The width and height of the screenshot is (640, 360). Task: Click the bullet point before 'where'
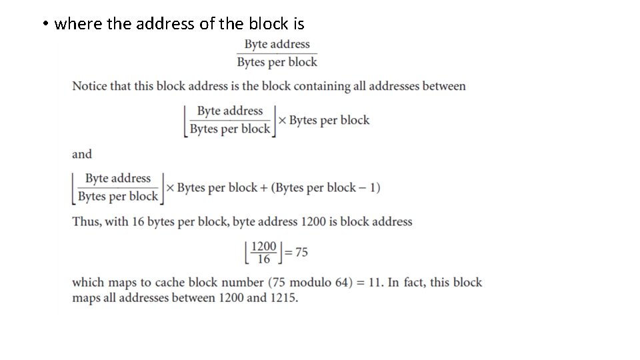click(x=43, y=25)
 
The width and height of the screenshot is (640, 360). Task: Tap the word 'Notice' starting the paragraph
click(x=89, y=86)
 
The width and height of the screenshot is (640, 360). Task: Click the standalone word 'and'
click(x=82, y=154)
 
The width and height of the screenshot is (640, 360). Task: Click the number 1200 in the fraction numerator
click(x=264, y=247)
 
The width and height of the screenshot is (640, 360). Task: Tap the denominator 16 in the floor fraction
click(x=264, y=259)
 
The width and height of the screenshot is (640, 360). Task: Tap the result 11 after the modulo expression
click(x=375, y=282)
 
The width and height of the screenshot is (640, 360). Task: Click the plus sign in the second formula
click(x=263, y=187)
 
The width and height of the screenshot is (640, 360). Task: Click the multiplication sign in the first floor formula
click(x=281, y=121)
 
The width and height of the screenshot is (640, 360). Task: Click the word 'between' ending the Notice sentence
click(x=444, y=86)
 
